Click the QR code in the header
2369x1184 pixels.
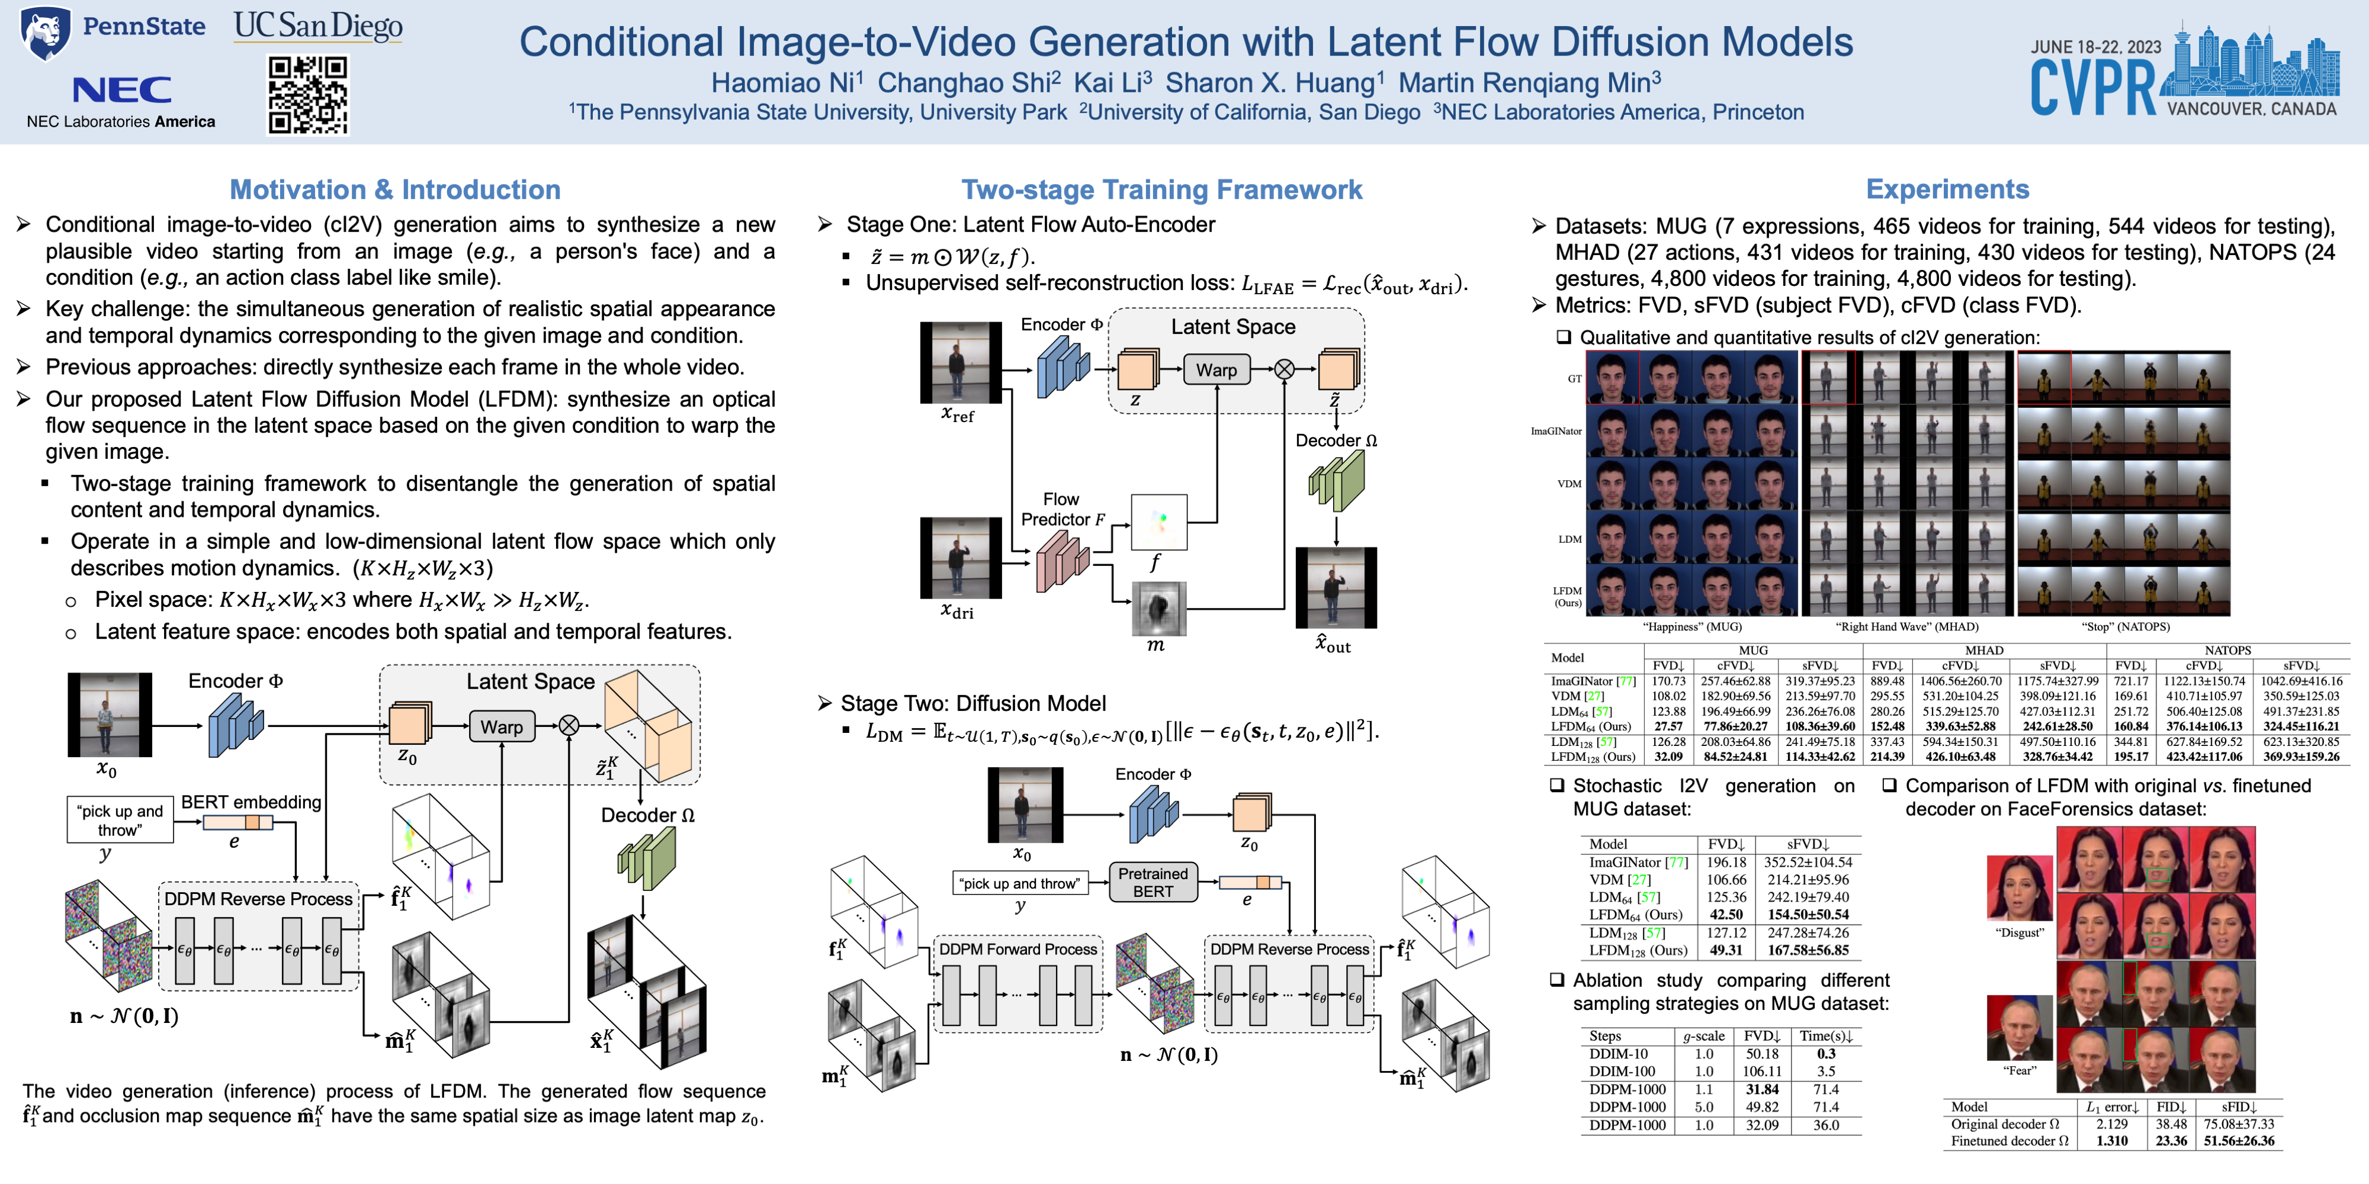click(x=308, y=95)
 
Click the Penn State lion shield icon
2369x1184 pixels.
click(x=45, y=33)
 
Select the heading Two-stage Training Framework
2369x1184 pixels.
click(x=1161, y=189)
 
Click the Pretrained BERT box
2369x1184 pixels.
click(x=1153, y=883)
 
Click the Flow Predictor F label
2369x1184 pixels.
click(x=1062, y=509)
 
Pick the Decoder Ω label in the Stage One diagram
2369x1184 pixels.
click(x=1336, y=440)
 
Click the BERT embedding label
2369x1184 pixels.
click(x=251, y=802)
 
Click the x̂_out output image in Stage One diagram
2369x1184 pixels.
click(x=1336, y=588)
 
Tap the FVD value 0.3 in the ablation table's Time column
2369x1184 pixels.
click(x=1825, y=1054)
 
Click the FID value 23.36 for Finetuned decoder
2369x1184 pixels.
click(x=2171, y=1141)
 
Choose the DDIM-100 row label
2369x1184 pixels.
click(x=1622, y=1071)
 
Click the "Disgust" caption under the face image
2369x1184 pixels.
click(x=2020, y=932)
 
